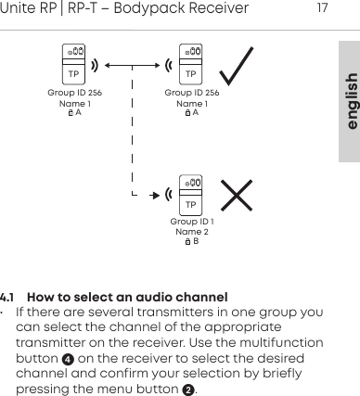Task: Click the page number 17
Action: [322, 9]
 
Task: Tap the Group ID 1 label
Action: [192, 223]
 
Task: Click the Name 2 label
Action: [192, 232]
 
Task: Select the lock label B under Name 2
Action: [192, 242]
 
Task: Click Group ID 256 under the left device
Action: [75, 94]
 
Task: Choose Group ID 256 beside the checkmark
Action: [192, 94]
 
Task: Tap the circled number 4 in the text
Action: [67, 359]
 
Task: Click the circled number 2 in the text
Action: [188, 389]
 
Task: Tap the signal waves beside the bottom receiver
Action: [169, 195]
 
